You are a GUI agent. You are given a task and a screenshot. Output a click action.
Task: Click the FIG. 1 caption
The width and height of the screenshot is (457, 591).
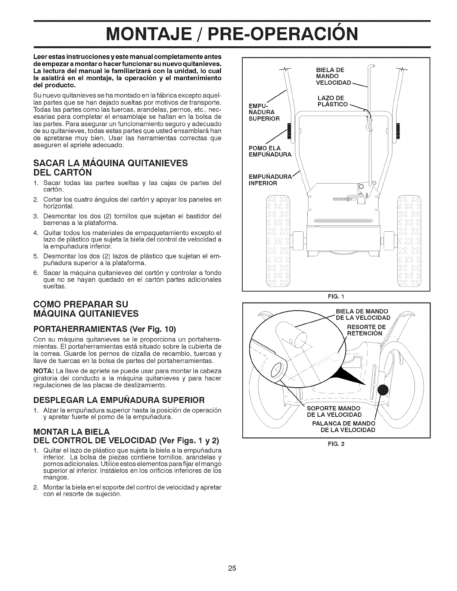(x=336, y=297)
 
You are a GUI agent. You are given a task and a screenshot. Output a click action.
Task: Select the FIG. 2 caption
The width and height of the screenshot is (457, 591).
(x=336, y=444)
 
